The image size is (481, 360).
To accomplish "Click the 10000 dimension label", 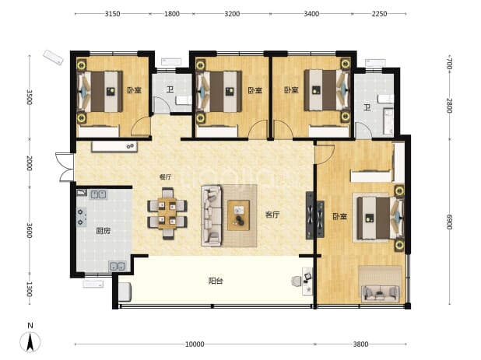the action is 195,344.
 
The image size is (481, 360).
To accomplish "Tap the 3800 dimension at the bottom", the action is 360,344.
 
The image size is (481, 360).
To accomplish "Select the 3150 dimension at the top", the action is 112,14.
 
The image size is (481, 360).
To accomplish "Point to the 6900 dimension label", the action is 449,222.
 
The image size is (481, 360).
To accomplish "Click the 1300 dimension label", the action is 29,289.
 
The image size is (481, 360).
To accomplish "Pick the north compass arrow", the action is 30,341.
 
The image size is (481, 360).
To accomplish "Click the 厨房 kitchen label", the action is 103,231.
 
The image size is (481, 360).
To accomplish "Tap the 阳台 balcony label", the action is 216,281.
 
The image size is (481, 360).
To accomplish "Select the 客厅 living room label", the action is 272,215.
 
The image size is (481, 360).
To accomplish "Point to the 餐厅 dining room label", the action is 165,177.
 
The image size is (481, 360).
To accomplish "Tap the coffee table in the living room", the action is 238,215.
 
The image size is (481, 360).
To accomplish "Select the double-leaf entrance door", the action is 65,167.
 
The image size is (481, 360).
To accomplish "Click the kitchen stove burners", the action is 81,217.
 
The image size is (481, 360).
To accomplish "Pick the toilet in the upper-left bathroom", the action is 184,100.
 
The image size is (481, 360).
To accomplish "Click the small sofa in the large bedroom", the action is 381,293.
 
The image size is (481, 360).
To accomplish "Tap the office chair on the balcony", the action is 297,281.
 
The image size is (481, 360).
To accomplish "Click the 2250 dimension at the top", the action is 380,14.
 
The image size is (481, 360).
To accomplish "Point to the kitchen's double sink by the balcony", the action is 118,266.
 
